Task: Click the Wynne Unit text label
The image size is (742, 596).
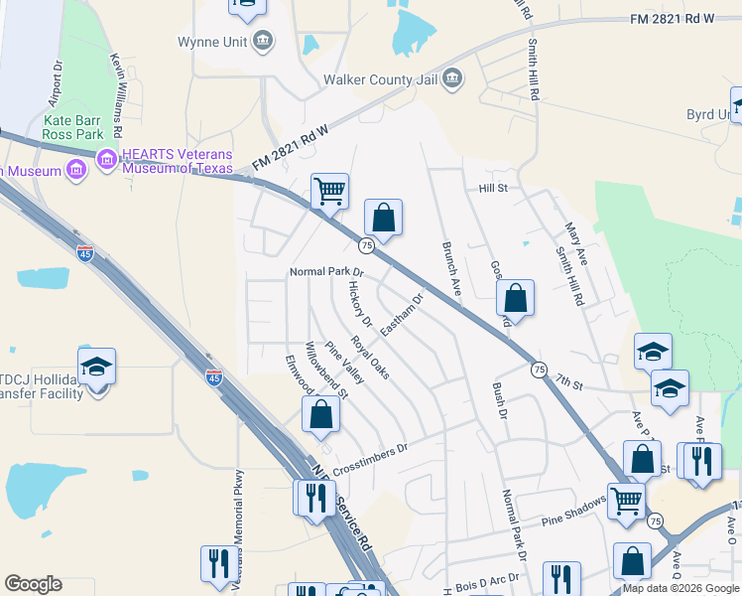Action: (x=212, y=42)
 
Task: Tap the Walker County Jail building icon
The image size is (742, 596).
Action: (x=452, y=77)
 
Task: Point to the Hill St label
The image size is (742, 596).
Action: (x=493, y=188)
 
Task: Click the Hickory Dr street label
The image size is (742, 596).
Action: (x=359, y=303)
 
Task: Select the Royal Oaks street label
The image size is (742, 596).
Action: (x=368, y=362)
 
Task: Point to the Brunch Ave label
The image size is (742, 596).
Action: (x=451, y=268)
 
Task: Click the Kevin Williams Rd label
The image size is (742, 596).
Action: (x=117, y=95)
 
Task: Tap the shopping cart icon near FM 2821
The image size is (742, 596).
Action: (x=329, y=190)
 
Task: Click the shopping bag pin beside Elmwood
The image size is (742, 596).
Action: (x=321, y=414)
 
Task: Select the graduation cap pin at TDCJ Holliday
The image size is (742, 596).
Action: (x=96, y=367)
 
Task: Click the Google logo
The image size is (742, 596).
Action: (x=33, y=584)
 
